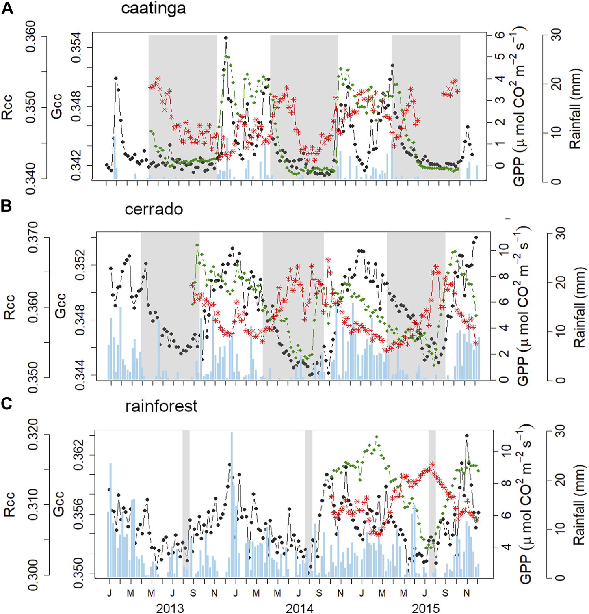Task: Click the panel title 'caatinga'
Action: pyautogui.click(x=153, y=9)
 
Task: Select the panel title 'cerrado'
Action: pyautogui.click(x=154, y=209)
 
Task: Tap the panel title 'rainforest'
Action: pyautogui.click(x=161, y=406)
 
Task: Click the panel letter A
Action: pyautogui.click(x=7, y=8)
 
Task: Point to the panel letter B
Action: pyautogui.click(x=6, y=206)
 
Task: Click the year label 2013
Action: pyautogui.click(x=170, y=608)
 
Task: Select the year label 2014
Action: pyautogui.click(x=299, y=608)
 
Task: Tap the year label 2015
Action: pyautogui.click(x=425, y=608)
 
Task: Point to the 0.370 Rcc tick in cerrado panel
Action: pyautogui.click(x=33, y=237)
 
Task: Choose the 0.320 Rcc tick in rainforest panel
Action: pyautogui.click(x=33, y=435)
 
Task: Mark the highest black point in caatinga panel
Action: pyautogui.click(x=226, y=38)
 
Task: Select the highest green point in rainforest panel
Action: pyautogui.click(x=377, y=437)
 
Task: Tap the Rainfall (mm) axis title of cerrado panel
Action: pyautogui.click(x=579, y=307)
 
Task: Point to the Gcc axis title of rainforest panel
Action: pyautogui.click(x=59, y=504)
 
